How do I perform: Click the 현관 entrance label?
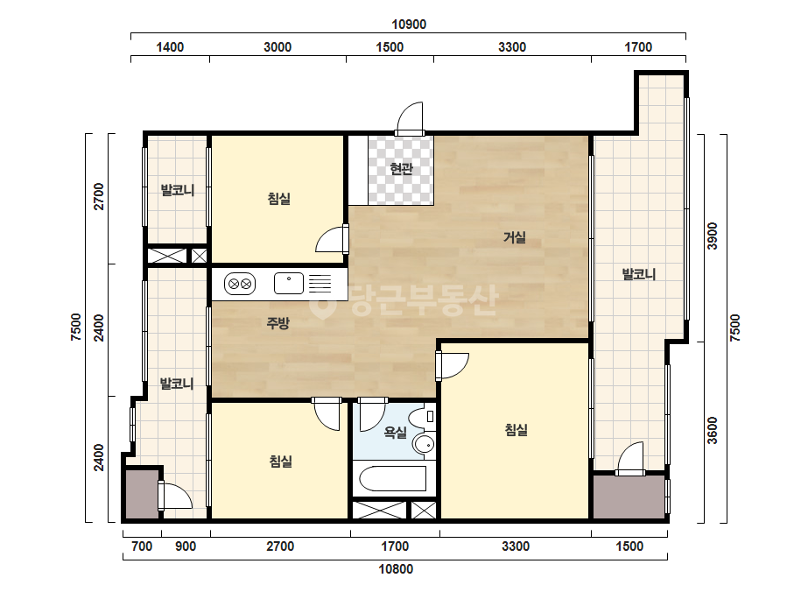tap(402, 169)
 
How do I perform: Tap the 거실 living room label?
tap(515, 237)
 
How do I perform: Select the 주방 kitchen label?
tap(278, 323)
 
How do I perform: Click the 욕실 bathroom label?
tap(395, 433)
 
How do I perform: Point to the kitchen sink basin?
tap(289, 283)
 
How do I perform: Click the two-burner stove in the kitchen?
tap(240, 284)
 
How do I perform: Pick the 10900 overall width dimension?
tap(409, 25)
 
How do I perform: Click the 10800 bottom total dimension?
tap(396, 569)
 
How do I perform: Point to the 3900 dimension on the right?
tap(713, 236)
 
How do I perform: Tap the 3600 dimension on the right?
tap(713, 430)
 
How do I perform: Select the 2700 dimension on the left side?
tap(98, 196)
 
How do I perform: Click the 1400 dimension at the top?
tap(170, 47)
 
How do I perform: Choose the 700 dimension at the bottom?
tap(142, 546)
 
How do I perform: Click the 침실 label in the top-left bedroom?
tap(279, 199)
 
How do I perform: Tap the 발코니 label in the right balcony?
tap(639, 274)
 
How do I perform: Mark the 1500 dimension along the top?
tap(390, 47)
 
